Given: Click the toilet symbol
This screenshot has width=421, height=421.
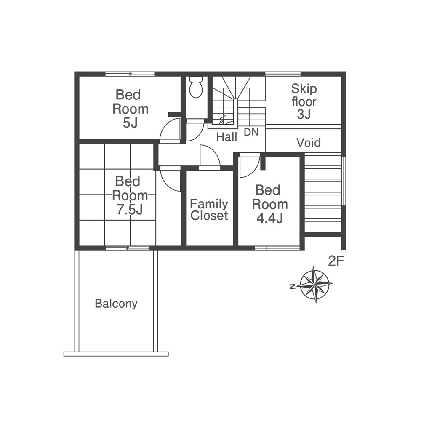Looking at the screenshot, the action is click(x=196, y=87).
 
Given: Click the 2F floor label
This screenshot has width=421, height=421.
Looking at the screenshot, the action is click(x=336, y=261).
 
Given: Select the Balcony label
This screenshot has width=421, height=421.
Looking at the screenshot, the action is click(x=116, y=304).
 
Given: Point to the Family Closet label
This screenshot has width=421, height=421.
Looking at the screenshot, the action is click(x=209, y=210).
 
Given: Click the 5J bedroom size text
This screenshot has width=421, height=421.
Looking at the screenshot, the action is click(x=130, y=123).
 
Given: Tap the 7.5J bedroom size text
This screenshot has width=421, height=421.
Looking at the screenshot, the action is click(x=129, y=210).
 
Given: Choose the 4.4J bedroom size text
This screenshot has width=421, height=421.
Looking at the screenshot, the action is click(x=270, y=218).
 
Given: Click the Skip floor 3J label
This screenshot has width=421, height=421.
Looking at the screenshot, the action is click(x=304, y=101).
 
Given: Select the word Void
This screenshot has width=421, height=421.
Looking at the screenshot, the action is click(x=309, y=143).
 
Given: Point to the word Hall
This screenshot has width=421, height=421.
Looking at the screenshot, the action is click(x=227, y=137).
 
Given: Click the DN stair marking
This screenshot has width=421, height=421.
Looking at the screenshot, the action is click(x=251, y=132).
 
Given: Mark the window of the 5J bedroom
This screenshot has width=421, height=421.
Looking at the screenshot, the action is click(x=130, y=74).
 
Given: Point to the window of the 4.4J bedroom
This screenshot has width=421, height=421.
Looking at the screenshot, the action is click(x=277, y=248).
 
